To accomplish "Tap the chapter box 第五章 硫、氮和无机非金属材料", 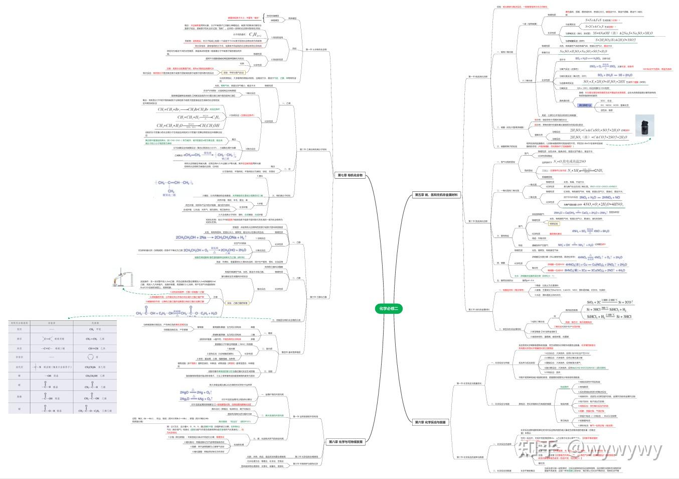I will (x=436, y=194).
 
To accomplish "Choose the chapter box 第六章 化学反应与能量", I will (x=430, y=422).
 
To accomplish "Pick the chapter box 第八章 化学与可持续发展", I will (x=346, y=442).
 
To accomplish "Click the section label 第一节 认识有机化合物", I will (x=316, y=50).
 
